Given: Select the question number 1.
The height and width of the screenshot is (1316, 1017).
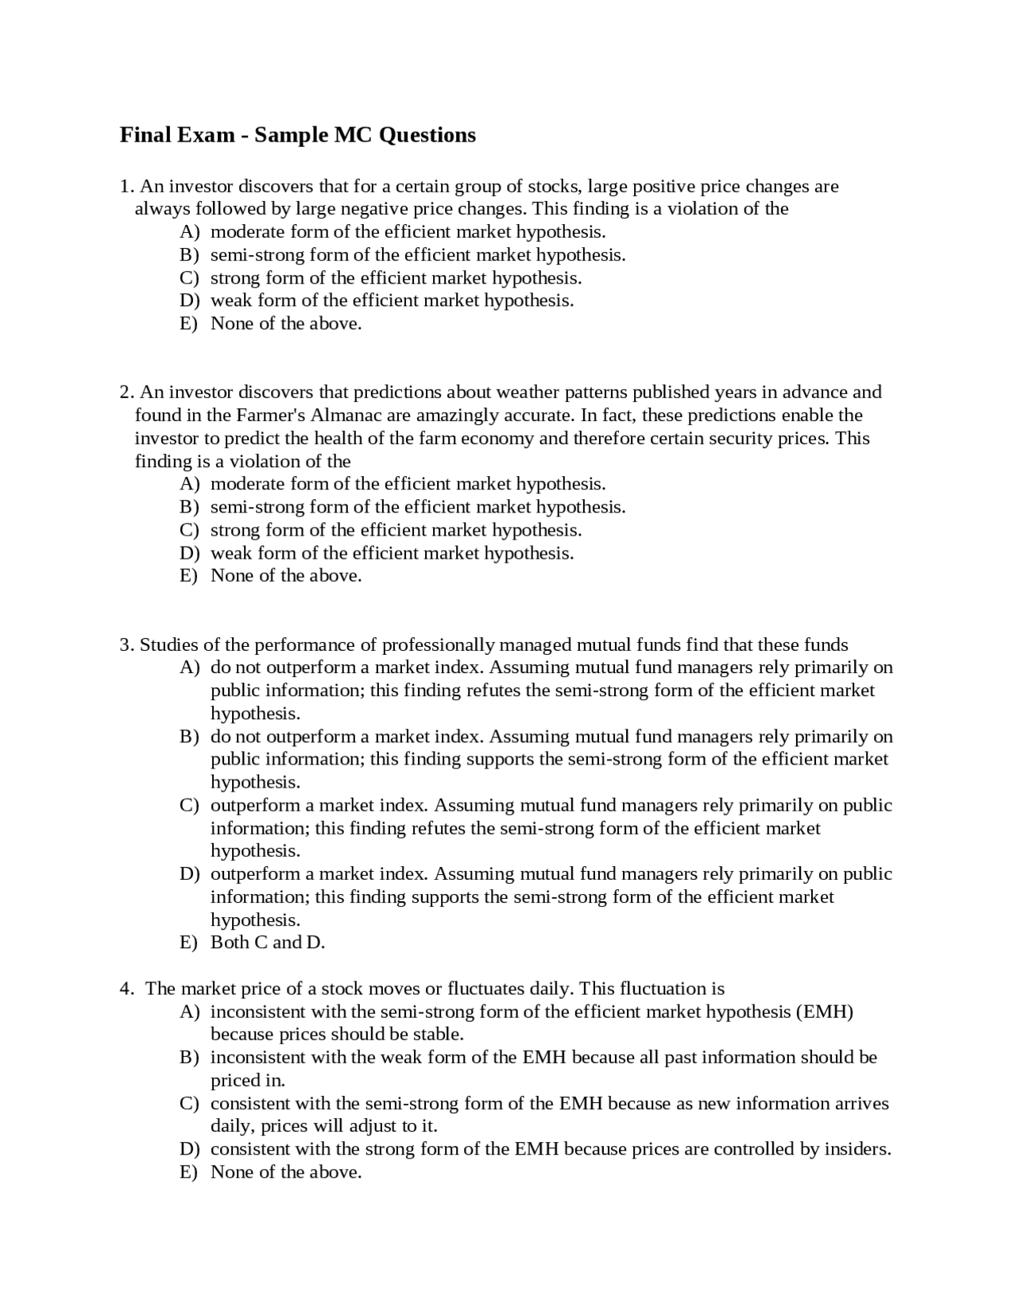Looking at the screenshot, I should click(126, 187).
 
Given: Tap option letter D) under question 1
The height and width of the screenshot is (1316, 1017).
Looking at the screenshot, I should click(189, 301).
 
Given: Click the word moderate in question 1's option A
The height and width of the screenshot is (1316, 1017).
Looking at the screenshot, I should click(247, 232).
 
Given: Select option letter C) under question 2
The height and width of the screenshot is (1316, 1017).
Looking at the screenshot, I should click(189, 531).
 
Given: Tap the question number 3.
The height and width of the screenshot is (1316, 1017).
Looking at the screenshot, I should click(126, 645).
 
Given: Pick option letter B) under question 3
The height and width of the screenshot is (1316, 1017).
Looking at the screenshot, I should click(189, 737).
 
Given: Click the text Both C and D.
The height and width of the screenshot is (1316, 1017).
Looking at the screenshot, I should click(268, 943).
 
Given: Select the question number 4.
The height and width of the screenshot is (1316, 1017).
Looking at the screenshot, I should click(126, 989).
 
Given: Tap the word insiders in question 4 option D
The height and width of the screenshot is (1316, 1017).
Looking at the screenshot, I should click(857, 1150).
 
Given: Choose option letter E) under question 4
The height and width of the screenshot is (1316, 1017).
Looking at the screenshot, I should click(189, 1173).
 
